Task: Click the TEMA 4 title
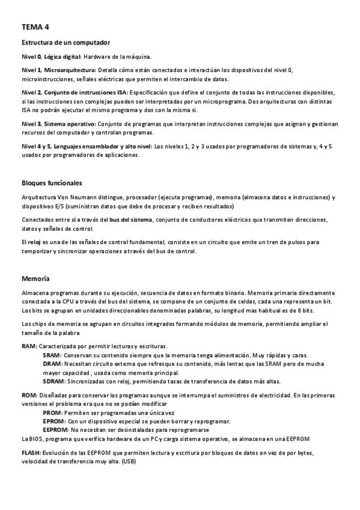click(x=35, y=27)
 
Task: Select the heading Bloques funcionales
click(x=52, y=183)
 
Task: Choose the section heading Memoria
click(x=35, y=279)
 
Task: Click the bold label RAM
click(x=29, y=346)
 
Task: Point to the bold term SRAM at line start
click(x=52, y=355)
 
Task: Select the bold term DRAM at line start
click(x=52, y=364)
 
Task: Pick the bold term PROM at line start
click(x=52, y=413)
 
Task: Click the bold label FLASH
click(x=31, y=452)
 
